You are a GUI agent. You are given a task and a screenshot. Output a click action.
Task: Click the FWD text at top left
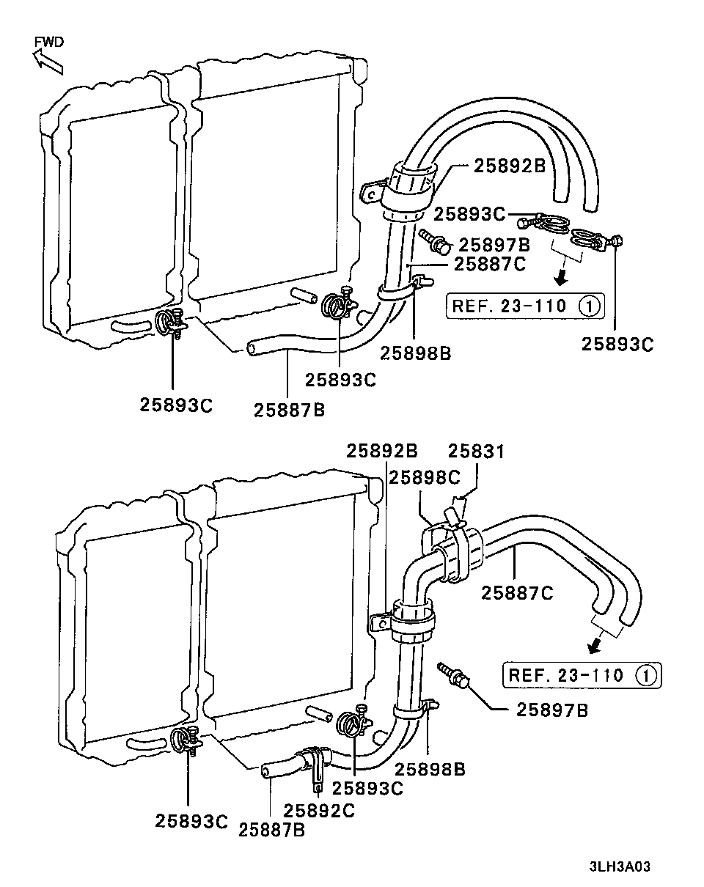tap(49, 42)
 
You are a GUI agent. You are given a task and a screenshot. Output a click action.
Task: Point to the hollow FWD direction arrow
tap(48, 61)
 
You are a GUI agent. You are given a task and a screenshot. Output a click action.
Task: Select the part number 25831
tap(477, 452)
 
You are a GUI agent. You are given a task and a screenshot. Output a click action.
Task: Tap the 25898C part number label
tap(424, 478)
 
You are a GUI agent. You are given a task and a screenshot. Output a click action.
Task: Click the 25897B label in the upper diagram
tap(494, 246)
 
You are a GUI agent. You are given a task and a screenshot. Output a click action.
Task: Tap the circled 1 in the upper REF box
tap(589, 306)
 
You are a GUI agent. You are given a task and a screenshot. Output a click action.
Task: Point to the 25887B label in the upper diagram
tap(290, 410)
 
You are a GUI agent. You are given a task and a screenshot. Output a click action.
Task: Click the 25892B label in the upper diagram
tap(510, 166)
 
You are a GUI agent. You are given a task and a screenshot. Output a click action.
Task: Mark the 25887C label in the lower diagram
tap(517, 593)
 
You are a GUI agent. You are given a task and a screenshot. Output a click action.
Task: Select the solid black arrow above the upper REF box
tap(561, 279)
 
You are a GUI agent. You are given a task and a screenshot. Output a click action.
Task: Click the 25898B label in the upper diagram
tap(415, 353)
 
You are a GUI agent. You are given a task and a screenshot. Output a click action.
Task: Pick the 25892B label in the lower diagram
tap(382, 451)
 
